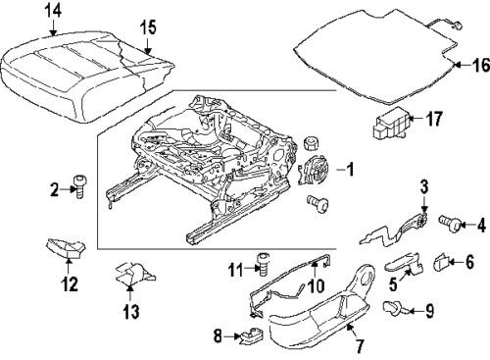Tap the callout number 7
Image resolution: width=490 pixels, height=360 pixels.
click(358, 345)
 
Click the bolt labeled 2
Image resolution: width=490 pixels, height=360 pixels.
click(80, 185)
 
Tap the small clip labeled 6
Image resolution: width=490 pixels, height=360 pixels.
click(440, 262)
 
